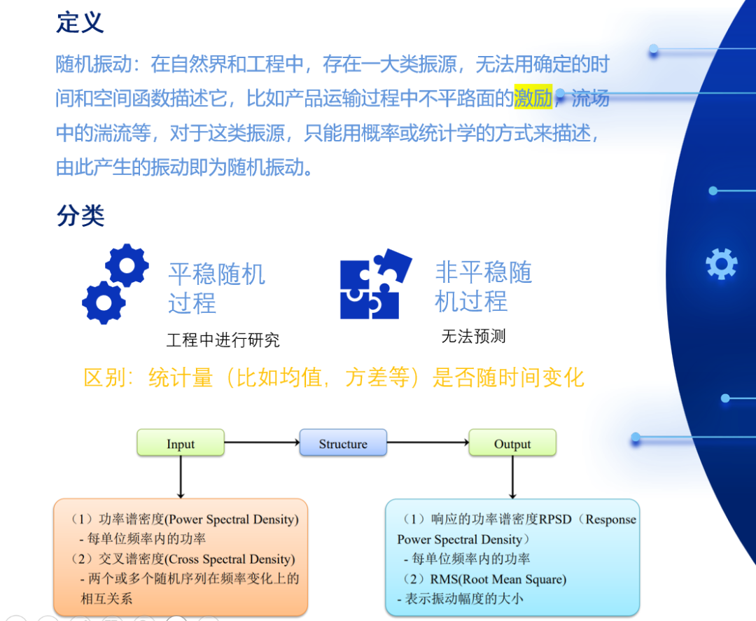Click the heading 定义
click(x=80, y=22)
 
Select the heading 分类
click(x=80, y=215)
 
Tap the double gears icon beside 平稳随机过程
click(x=115, y=284)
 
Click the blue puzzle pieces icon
click(x=376, y=284)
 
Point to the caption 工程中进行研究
click(x=223, y=340)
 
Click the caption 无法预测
click(x=473, y=336)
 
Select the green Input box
click(x=181, y=442)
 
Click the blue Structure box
click(x=343, y=442)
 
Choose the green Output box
click(x=512, y=442)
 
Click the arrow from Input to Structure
click(x=262, y=442)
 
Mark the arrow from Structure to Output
click(x=428, y=442)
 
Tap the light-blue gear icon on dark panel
click(x=721, y=264)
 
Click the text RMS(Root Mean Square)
click(x=498, y=579)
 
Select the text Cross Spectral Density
click(x=230, y=559)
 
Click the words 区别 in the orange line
click(x=105, y=377)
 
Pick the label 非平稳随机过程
click(x=484, y=286)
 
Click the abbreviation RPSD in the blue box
click(x=555, y=519)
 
